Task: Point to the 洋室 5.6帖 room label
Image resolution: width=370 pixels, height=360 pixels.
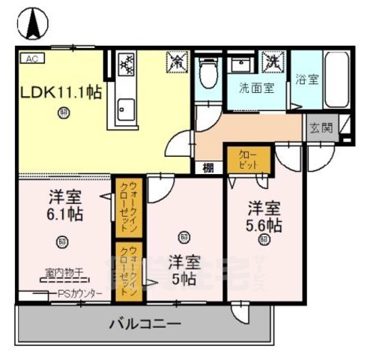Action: [264, 216]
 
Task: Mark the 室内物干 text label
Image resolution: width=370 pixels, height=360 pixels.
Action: [64, 273]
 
